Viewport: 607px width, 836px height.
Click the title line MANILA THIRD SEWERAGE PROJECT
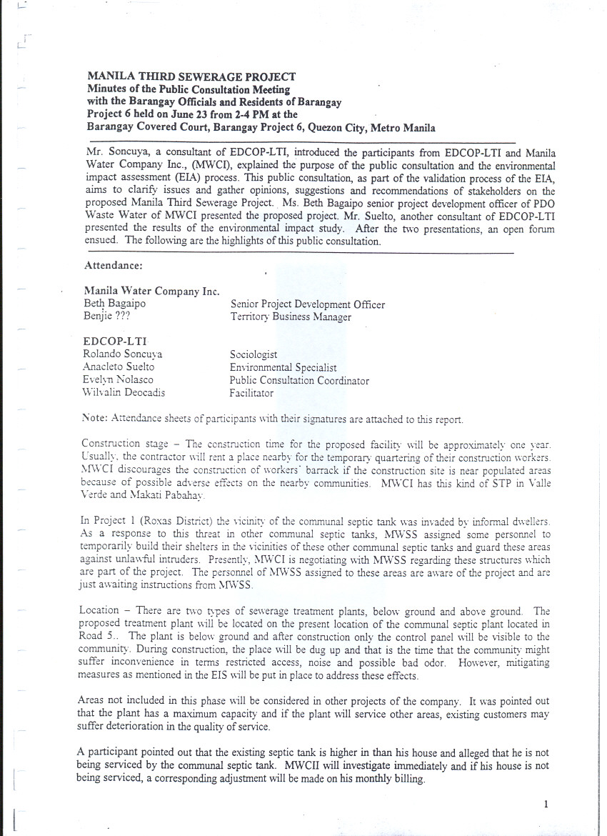click(191, 76)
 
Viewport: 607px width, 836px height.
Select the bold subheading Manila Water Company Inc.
click(151, 292)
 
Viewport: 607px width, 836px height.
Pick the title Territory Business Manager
click(291, 317)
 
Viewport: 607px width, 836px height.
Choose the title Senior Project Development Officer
click(307, 304)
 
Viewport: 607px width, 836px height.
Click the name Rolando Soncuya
click(123, 354)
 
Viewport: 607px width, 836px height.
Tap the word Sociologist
click(254, 354)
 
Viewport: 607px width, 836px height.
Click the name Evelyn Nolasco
click(118, 379)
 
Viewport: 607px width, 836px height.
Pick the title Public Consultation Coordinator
click(299, 380)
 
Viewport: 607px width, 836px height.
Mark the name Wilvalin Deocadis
click(124, 392)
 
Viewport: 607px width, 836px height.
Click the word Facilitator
click(251, 393)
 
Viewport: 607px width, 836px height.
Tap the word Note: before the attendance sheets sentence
click(95, 419)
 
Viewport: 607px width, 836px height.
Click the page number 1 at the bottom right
click(546, 804)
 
